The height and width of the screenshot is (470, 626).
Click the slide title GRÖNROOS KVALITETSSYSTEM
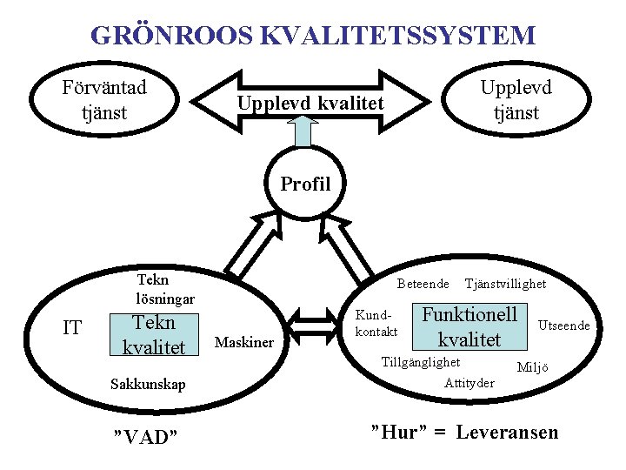coord(313,36)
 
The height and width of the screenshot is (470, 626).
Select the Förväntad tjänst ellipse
coord(104,100)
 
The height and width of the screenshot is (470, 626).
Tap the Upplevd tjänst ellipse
coord(516,100)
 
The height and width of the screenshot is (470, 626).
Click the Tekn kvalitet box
coord(153,335)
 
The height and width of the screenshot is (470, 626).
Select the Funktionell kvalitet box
coord(469,326)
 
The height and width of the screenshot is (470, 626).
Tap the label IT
coord(73,328)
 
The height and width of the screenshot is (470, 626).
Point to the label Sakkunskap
coord(148,384)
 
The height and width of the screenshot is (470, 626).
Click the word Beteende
coord(423,284)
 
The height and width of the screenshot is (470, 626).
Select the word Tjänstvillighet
coord(505,284)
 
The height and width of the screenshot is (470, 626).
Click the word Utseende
coord(564,326)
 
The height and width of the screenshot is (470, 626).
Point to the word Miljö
coord(532,367)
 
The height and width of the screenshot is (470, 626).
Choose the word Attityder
coord(469,383)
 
